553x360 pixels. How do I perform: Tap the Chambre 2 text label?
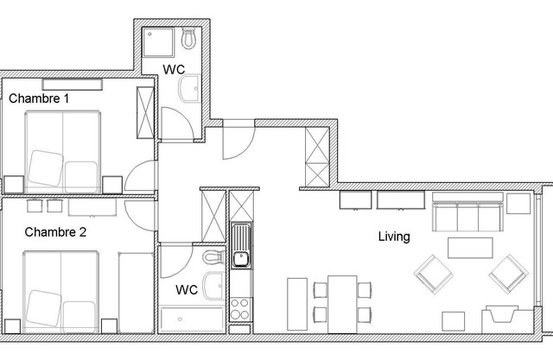[x=55, y=232]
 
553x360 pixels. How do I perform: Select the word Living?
[x=393, y=236]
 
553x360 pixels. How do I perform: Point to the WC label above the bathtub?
[x=188, y=290]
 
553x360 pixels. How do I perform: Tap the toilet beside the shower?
[x=188, y=38]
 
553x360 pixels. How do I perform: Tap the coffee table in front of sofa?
[x=469, y=247]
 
